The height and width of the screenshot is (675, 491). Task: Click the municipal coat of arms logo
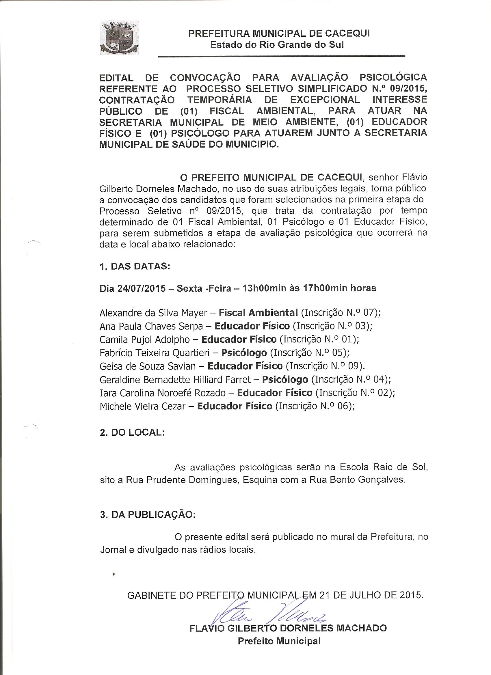pos(119,38)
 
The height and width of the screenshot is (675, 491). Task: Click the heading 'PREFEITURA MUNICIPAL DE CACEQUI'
pos(279,33)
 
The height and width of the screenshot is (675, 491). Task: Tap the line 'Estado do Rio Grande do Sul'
pos(277,45)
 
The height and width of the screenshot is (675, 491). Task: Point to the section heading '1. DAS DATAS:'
pos(135,266)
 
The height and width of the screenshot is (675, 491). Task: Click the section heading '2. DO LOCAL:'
pos(132,432)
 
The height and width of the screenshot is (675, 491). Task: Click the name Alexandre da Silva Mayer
pos(153,313)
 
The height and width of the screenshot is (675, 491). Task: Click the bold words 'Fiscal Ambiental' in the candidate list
pos(258,313)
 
